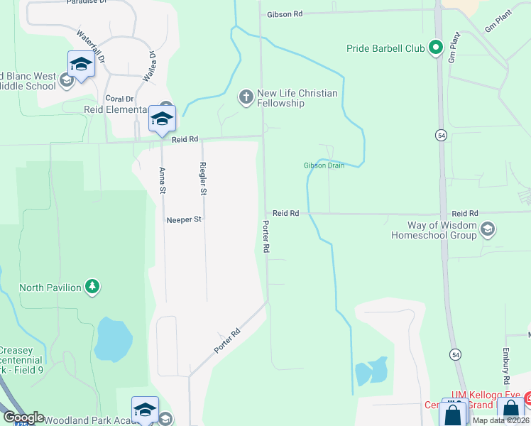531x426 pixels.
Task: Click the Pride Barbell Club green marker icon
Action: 436,48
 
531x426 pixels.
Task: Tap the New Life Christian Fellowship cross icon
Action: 246,97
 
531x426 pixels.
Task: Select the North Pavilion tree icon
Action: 92,287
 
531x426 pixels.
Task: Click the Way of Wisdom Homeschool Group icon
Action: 487,229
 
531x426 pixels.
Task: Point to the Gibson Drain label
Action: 324,166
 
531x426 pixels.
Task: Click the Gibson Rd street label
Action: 285,14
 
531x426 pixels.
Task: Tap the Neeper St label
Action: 185,220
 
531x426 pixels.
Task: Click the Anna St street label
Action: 163,180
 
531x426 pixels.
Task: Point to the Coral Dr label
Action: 119,99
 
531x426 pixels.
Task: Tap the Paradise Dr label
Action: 86,2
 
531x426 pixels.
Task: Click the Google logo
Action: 23,417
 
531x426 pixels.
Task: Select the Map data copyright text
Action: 501,420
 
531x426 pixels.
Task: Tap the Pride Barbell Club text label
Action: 385,49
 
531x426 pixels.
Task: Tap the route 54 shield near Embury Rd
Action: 454,354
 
